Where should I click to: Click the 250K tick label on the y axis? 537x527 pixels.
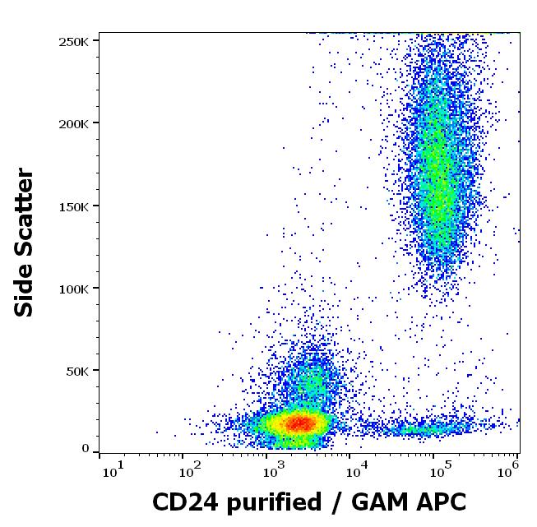tap(75, 41)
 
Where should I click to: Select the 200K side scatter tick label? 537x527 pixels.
tap(75, 123)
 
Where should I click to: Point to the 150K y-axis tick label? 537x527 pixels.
tap(75, 206)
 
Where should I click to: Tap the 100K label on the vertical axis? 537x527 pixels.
tap(75, 289)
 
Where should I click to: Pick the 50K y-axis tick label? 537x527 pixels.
tap(78, 371)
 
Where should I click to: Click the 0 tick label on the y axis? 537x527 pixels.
tap(85, 449)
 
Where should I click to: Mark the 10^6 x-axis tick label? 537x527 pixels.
tap(511, 469)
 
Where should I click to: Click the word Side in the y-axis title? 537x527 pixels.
tap(25, 290)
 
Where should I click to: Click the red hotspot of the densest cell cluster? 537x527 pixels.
tap(299, 423)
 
